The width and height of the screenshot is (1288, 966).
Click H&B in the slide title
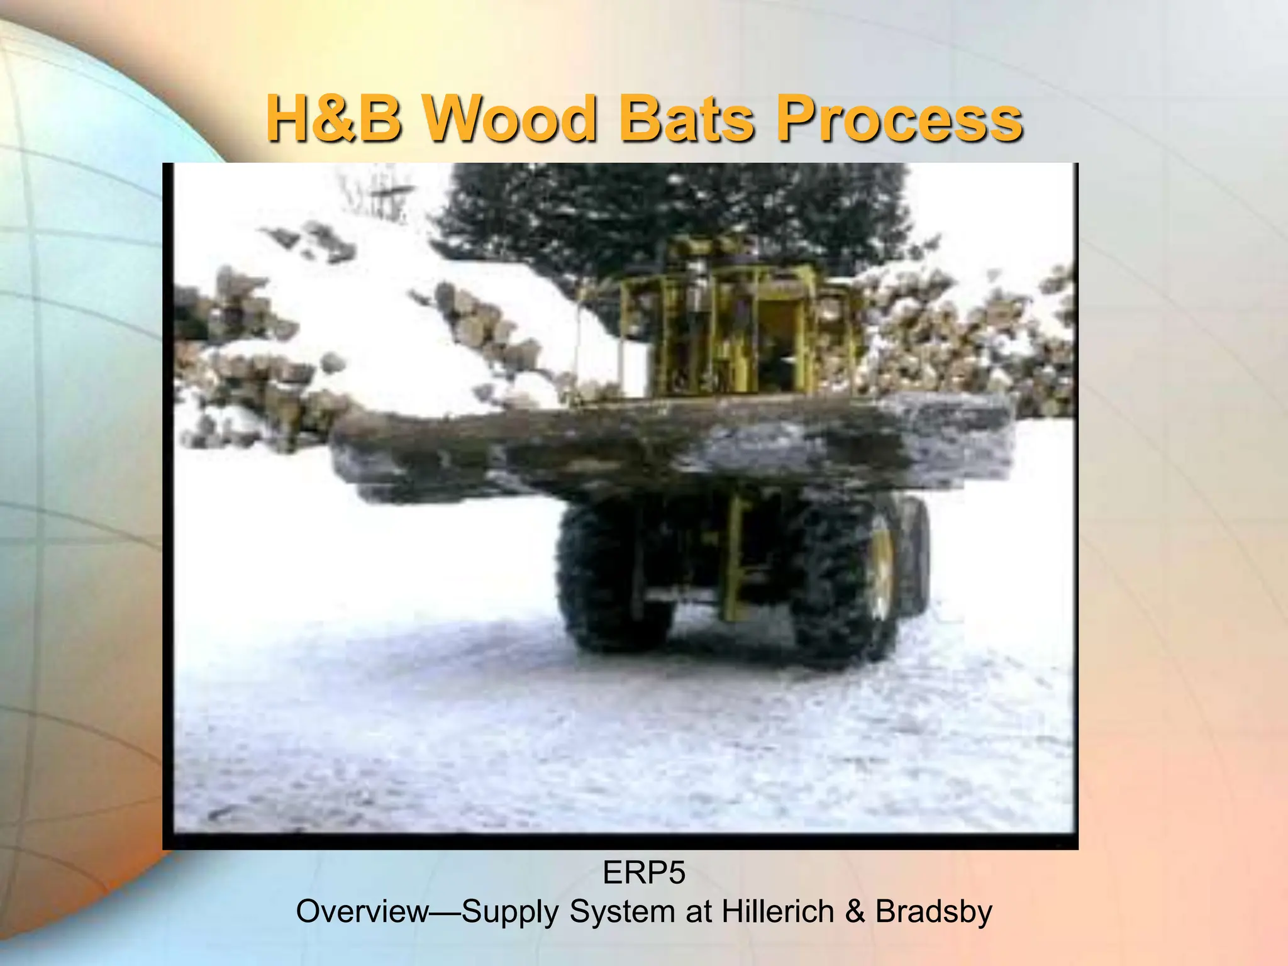[334, 119]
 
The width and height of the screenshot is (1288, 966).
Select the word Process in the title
[899, 119]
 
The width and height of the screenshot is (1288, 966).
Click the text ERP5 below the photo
[643, 873]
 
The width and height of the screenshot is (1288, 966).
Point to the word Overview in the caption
[362, 911]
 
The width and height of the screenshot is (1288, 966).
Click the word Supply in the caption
[509, 911]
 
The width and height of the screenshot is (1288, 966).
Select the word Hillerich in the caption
[777, 911]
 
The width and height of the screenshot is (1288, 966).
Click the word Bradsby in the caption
[933, 911]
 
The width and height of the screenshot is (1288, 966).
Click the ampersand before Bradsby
[855, 911]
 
